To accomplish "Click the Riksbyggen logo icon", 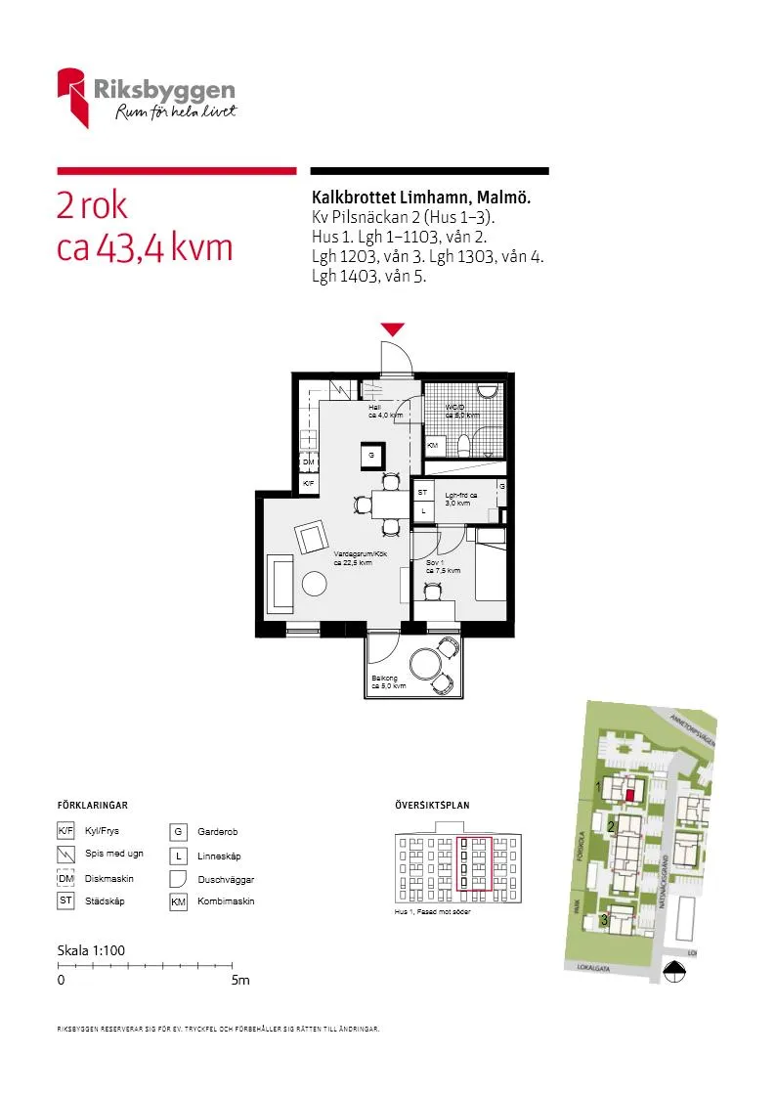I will [x=73, y=97].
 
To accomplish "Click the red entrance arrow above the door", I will [x=392, y=329].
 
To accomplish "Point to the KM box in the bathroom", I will [x=433, y=446].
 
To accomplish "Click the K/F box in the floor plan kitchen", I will [x=308, y=484].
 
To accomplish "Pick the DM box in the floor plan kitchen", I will [x=308, y=461].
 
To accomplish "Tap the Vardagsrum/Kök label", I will [x=353, y=557].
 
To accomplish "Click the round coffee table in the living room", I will [x=315, y=584].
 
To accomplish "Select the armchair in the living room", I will [x=313, y=536].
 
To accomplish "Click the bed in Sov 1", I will [x=491, y=572].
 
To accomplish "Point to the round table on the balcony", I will [x=427, y=666].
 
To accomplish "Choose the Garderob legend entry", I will [x=217, y=832].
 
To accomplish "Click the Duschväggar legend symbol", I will [x=179, y=878].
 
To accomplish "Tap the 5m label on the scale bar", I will [x=240, y=980].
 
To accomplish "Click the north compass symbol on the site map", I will [x=673, y=971].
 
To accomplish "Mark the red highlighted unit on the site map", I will [x=631, y=796].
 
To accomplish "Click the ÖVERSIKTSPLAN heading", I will [x=432, y=806].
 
